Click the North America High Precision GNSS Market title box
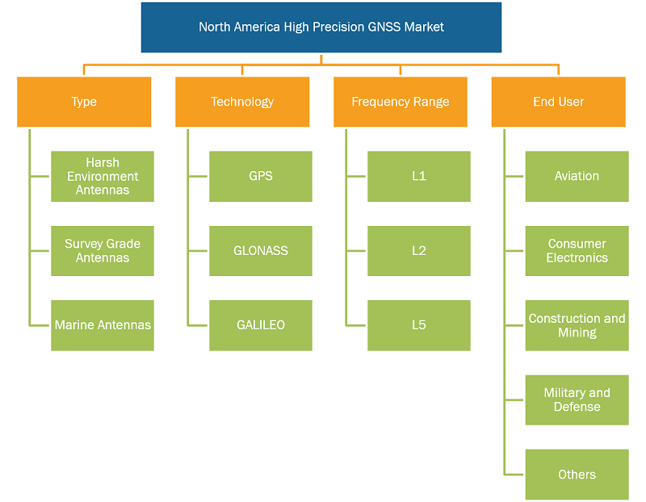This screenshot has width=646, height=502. pyautogui.click(x=321, y=27)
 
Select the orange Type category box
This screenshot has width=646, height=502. pyautogui.click(x=84, y=102)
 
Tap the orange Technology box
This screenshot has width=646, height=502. pyautogui.click(x=242, y=102)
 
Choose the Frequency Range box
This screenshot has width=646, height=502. pyautogui.click(x=401, y=102)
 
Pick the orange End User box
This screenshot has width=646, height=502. pyautogui.click(x=558, y=102)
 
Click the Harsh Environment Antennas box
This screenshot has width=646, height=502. pyautogui.click(x=103, y=176)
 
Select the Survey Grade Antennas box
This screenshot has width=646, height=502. pyautogui.click(x=103, y=251)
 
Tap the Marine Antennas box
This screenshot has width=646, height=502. pyautogui.click(x=103, y=325)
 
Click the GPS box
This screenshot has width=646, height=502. pyautogui.click(x=261, y=176)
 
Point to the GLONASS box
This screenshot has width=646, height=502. pyautogui.click(x=261, y=251)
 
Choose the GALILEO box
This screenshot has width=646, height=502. pyautogui.click(x=261, y=325)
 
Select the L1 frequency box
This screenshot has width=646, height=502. pyautogui.click(x=419, y=176)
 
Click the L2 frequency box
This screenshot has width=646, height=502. pyautogui.click(x=419, y=251)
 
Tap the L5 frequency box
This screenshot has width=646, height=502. pyautogui.click(x=419, y=325)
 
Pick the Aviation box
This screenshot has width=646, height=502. pyautogui.click(x=577, y=176)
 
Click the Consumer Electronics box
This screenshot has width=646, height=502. pyautogui.click(x=577, y=251)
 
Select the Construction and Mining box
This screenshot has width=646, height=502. pyautogui.click(x=577, y=325)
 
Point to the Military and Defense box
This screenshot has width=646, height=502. pyautogui.click(x=577, y=400)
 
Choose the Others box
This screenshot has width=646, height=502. pyautogui.click(x=577, y=475)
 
